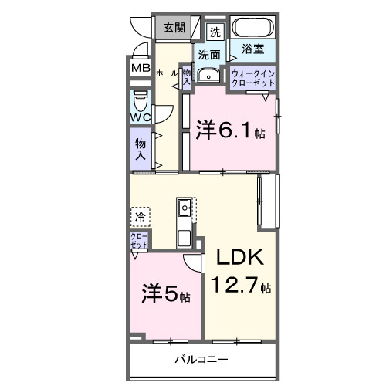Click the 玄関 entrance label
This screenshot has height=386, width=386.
pos(174,29)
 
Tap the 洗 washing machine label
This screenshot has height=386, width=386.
pos(215,32)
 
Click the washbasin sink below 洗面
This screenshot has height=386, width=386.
pos(208,75)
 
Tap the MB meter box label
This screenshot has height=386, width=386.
pos(141,68)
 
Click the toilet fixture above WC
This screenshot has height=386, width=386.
pos(141,101)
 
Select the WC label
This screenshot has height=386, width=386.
pos(141,117)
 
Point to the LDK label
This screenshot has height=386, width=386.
pos(240,257)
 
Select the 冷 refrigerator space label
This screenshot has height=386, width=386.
pos(140,216)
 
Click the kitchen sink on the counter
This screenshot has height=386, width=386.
pos(185,208)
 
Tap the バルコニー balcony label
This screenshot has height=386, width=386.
pos(201,360)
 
